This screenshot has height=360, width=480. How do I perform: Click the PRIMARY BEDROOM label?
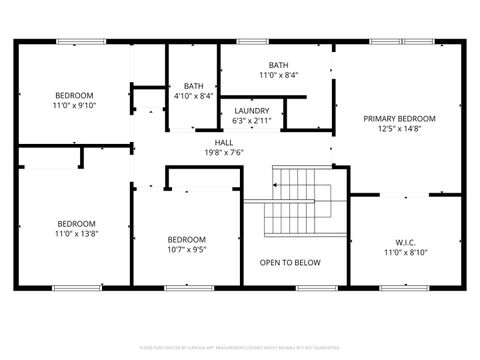400,118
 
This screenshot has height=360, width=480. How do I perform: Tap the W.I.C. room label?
405,241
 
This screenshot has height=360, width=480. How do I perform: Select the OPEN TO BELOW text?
290,263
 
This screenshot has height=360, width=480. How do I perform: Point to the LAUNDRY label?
251,110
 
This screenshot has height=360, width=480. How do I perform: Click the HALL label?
209,142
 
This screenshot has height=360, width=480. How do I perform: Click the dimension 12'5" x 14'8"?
400,129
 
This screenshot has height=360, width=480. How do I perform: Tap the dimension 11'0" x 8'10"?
405,252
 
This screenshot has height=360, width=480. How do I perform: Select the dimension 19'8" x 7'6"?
223,153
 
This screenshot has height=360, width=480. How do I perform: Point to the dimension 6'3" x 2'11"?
251,121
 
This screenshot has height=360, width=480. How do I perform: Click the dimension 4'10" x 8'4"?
192,97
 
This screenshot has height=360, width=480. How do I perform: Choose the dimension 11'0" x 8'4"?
278,75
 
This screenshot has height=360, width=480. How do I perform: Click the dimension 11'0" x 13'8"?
76,234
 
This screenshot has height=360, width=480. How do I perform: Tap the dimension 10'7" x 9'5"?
186,251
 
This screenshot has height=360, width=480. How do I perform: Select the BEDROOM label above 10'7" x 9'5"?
186,240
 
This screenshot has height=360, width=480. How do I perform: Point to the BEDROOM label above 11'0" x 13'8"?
76,223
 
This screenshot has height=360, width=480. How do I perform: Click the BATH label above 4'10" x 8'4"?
192,86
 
